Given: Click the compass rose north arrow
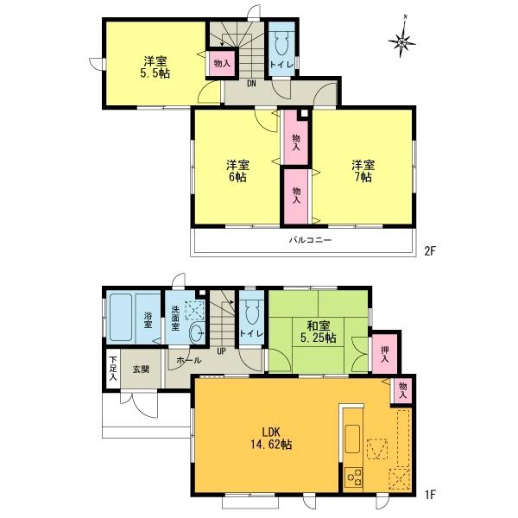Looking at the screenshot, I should [x=403, y=38].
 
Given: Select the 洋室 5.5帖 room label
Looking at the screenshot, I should [x=156, y=67].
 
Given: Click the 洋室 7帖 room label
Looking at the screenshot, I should [x=363, y=170].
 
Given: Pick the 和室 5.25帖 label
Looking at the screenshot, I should [x=319, y=332].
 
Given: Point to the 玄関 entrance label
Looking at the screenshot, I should [x=141, y=369].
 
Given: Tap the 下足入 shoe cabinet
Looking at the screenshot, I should [x=112, y=370].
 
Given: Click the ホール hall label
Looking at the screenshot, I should [x=188, y=360].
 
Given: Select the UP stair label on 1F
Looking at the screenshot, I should [x=222, y=351].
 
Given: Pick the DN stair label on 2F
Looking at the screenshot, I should [x=251, y=84].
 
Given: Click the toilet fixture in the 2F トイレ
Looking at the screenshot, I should [x=281, y=45].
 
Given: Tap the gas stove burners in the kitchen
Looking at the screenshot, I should [x=354, y=478].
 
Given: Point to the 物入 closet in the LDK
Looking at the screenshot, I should [x=402, y=390].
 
